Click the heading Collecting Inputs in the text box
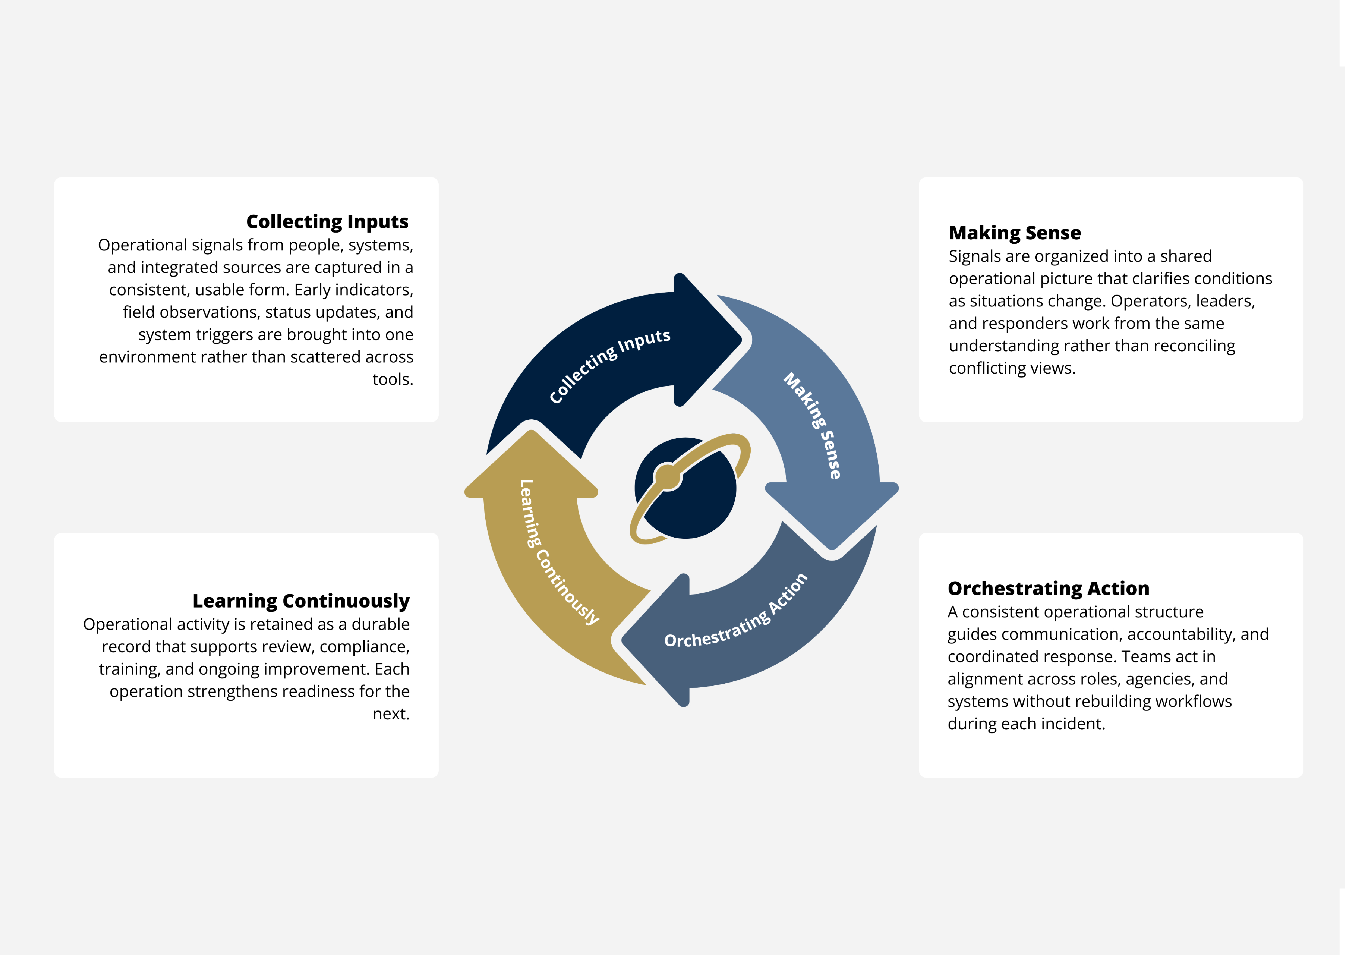[x=327, y=222]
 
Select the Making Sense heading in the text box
[x=1015, y=233]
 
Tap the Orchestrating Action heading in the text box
[x=1049, y=589]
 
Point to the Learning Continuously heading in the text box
[x=301, y=601]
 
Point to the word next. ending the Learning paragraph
[x=391, y=714]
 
